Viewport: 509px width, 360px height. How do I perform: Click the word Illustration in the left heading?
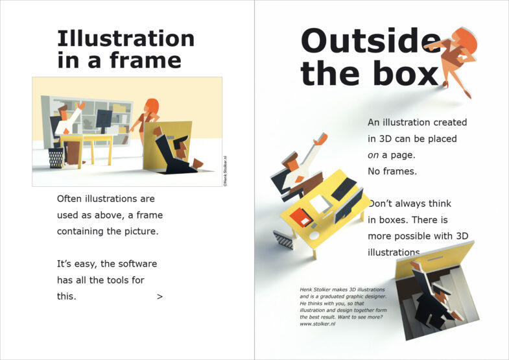click(126, 39)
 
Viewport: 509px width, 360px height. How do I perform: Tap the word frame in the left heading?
click(145, 60)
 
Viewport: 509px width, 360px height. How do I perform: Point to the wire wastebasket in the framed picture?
click(56, 158)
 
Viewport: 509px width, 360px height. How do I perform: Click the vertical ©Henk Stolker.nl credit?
click(225, 171)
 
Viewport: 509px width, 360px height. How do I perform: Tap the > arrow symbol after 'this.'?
click(160, 296)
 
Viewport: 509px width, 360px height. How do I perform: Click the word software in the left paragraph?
click(128, 263)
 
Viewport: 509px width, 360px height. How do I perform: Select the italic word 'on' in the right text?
click(373, 156)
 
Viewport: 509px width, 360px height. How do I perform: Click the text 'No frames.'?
click(392, 171)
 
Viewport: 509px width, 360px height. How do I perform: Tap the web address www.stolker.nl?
click(318, 324)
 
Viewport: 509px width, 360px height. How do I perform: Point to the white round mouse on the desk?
click(314, 235)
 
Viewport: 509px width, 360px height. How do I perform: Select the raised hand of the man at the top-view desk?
click(321, 139)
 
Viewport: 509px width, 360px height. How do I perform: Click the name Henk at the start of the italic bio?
click(305, 289)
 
